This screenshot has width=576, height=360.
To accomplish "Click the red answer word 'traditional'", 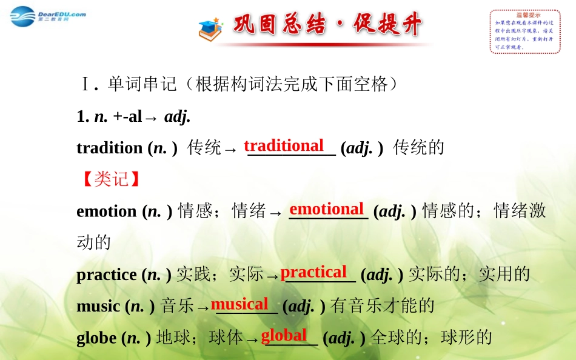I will (x=284, y=145).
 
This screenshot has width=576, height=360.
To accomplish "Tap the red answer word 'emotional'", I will (x=326, y=209).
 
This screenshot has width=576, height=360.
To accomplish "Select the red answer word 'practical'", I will (x=313, y=272).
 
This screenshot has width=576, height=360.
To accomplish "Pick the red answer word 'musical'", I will (x=239, y=304).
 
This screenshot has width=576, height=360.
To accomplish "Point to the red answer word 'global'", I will (x=284, y=335).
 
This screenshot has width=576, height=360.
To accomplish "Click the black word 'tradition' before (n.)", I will (x=109, y=148).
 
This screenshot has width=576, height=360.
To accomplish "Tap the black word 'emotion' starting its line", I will (x=106, y=212).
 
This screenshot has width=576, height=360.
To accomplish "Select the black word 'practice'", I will (x=106, y=275).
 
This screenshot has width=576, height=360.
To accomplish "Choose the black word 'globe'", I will (x=96, y=338).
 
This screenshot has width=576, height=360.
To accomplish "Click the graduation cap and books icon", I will (x=210, y=28).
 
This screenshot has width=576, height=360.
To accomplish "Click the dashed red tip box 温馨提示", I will (x=524, y=32).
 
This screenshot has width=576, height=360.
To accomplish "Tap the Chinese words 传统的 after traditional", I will (x=419, y=148).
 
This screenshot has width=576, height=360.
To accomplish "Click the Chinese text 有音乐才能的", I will (x=383, y=306).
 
